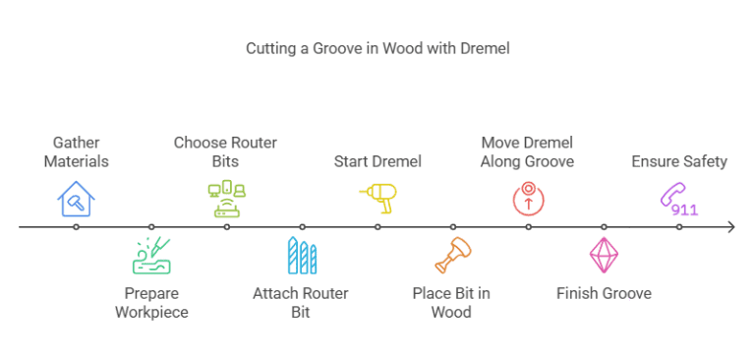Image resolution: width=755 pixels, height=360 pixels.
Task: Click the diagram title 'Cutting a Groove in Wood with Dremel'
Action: click(x=377, y=48)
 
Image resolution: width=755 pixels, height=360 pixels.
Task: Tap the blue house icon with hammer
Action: click(x=76, y=199)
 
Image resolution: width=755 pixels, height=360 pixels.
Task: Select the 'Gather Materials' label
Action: click(x=76, y=151)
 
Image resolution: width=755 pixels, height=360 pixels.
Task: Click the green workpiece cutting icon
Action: click(x=151, y=256)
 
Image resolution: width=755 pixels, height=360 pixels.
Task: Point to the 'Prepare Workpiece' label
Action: click(x=151, y=303)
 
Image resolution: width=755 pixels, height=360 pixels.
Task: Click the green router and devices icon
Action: click(x=227, y=199)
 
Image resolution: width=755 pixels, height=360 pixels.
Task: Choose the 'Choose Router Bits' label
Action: click(x=225, y=151)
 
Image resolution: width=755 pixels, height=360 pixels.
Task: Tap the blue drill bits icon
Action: click(x=303, y=256)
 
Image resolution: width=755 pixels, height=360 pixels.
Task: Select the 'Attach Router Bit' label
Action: click(x=301, y=303)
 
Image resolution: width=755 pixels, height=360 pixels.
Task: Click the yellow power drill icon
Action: click(x=377, y=199)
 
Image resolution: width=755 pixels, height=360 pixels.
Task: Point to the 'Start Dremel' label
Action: click(x=377, y=161)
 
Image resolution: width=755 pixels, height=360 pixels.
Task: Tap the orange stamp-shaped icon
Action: click(x=453, y=256)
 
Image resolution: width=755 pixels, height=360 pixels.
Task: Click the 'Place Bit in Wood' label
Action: click(x=451, y=303)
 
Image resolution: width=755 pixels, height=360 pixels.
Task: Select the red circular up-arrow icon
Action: click(x=528, y=199)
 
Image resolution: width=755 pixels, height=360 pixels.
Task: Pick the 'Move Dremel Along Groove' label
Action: click(x=527, y=151)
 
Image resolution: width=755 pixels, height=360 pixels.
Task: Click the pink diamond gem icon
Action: click(x=604, y=256)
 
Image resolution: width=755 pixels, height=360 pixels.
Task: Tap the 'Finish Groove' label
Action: click(x=604, y=293)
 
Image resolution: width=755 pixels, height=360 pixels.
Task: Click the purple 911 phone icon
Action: click(x=679, y=199)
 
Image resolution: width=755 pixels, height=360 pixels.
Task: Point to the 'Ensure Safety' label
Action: click(x=679, y=161)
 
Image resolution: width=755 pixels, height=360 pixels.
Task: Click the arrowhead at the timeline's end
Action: click(x=731, y=227)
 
